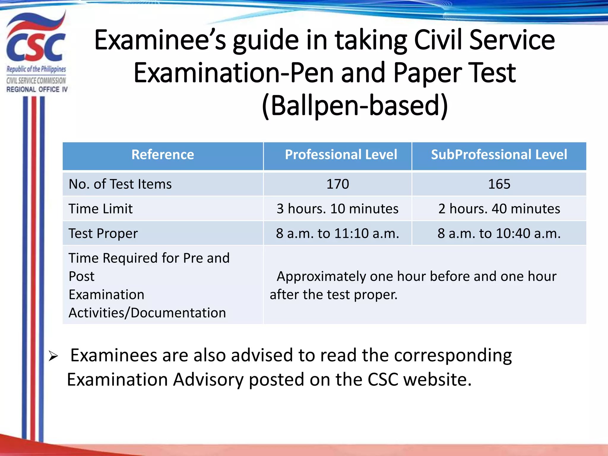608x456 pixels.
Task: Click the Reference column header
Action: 163,155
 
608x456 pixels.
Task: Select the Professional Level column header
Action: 341,155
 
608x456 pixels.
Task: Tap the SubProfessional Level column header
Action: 499,155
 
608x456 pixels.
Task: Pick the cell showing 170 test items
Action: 338,184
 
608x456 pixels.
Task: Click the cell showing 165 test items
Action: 499,184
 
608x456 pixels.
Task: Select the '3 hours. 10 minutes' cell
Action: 338,209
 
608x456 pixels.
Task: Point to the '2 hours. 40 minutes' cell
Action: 499,209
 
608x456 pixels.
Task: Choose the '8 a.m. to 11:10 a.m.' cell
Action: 338,233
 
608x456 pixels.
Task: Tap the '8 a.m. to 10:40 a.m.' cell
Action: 499,233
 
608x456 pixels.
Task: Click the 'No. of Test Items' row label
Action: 120,184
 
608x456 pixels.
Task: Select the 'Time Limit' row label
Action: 101,209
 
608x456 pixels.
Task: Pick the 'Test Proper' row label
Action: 103,233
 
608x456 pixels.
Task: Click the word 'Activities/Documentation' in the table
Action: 147,313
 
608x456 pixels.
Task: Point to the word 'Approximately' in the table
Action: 321,276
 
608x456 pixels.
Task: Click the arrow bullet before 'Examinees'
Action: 53,356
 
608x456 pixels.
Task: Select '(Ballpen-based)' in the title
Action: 355,105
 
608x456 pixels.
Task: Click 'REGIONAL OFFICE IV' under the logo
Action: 37,89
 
